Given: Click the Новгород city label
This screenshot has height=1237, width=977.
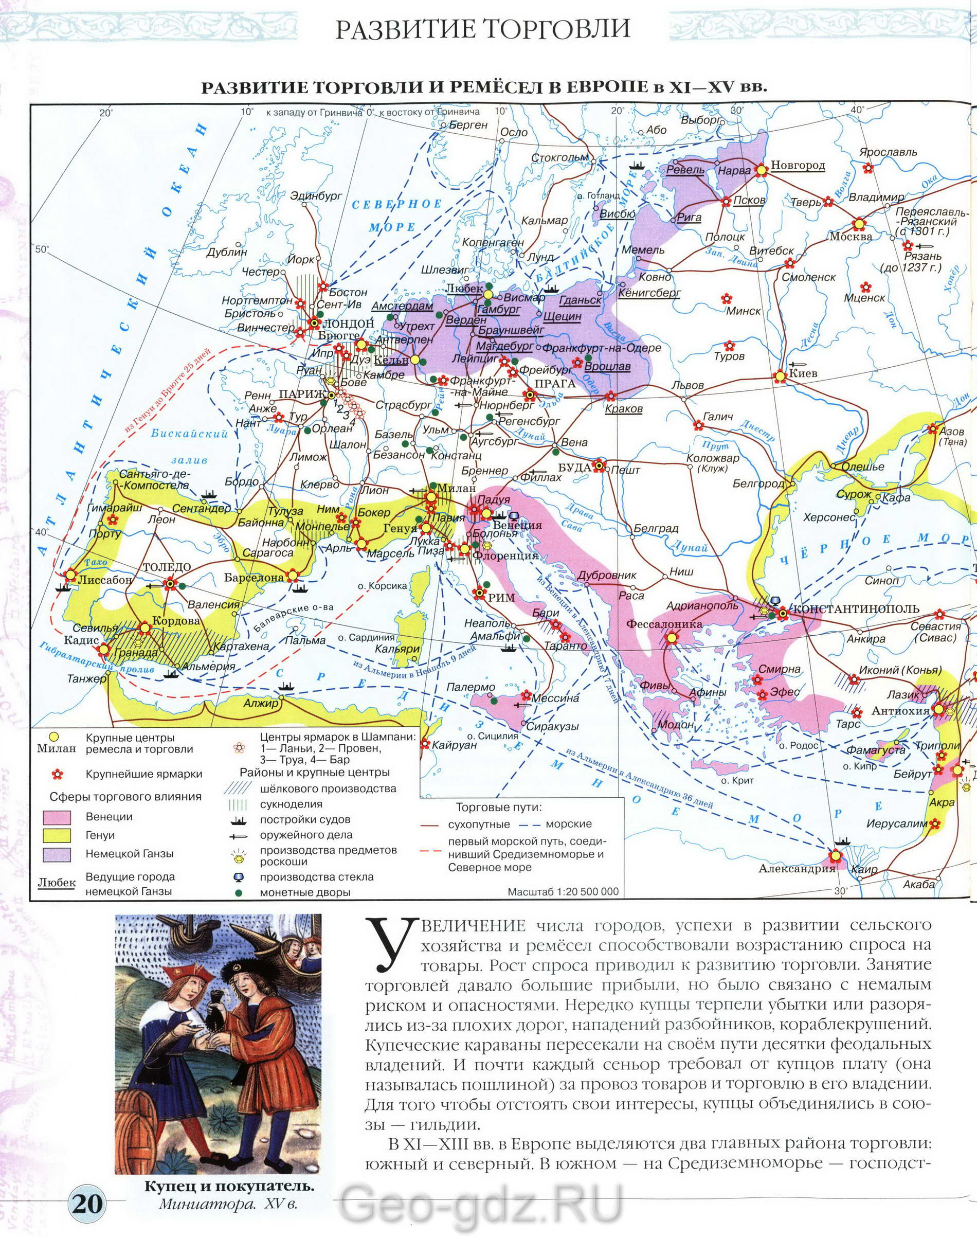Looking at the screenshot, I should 798,165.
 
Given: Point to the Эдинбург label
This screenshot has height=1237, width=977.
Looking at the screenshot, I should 316,195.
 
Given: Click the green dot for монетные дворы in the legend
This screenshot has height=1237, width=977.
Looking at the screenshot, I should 238,892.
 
